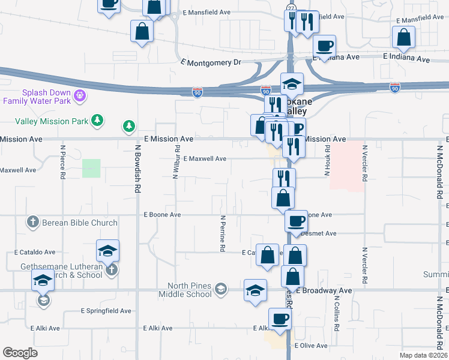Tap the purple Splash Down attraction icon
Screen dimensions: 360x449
(80, 95)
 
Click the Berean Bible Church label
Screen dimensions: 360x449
(80, 223)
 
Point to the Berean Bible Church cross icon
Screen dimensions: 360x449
(34, 223)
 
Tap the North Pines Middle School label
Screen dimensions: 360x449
(185, 290)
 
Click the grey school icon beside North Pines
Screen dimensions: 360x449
(221, 290)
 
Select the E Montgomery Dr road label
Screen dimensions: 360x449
(211, 62)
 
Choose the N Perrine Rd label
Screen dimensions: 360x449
(222, 233)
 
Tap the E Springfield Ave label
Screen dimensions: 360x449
(106, 311)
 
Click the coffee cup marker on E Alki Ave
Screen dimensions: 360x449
(279, 319)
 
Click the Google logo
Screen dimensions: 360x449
(20, 352)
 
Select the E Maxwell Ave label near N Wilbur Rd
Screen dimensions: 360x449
(205, 158)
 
